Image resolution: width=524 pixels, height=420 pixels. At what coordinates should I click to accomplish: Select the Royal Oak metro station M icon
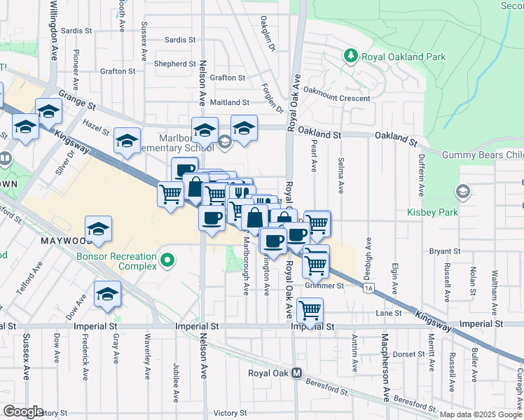point(297,373)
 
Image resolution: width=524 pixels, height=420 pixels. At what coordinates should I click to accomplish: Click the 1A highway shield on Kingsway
point(368,287)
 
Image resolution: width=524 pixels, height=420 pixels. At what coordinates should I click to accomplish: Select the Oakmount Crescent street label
point(336,99)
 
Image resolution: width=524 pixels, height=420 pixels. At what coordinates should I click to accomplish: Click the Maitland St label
point(230,102)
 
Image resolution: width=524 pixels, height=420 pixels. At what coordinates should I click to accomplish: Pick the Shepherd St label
point(171,64)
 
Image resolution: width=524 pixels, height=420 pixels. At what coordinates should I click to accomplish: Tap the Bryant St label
point(445,251)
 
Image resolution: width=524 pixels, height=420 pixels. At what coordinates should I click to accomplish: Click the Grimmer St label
point(324,286)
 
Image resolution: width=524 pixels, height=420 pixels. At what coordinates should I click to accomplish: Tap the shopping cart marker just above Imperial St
point(309,309)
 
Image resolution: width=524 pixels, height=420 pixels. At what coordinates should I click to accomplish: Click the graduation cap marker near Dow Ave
point(107,294)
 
